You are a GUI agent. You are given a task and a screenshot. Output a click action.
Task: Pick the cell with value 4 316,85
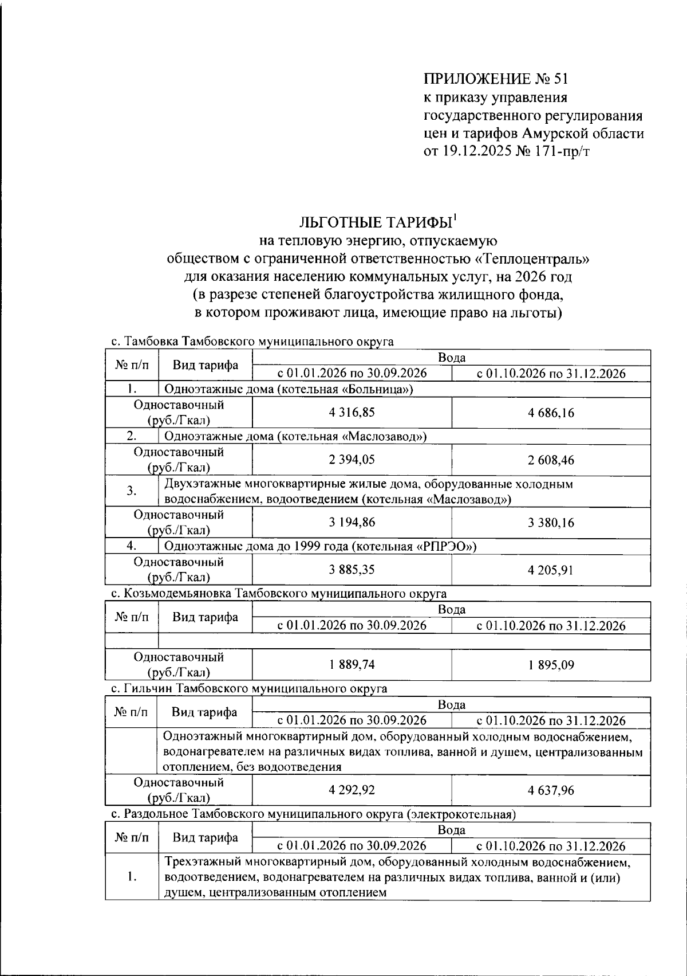tap(352, 413)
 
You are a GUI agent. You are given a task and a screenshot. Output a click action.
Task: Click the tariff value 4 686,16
tap(551, 413)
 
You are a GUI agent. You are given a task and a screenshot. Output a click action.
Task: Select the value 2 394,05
tap(352, 460)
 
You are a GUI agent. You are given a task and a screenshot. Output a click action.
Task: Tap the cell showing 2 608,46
tap(551, 460)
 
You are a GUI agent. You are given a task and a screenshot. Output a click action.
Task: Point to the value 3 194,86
tap(352, 522)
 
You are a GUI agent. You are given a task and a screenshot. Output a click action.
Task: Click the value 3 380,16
tap(551, 522)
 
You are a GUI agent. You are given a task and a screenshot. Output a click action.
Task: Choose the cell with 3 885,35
tap(352, 570)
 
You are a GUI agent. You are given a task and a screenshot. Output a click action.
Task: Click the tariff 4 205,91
tap(551, 570)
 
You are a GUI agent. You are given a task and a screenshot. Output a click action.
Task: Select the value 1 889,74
tap(352, 665)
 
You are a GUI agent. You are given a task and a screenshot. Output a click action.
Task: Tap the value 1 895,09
tap(551, 665)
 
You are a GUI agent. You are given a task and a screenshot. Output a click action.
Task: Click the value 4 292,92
tap(352, 790)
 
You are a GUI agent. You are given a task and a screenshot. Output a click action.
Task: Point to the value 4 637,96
tap(551, 790)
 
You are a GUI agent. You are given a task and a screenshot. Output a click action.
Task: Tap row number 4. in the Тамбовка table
tap(131, 546)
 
